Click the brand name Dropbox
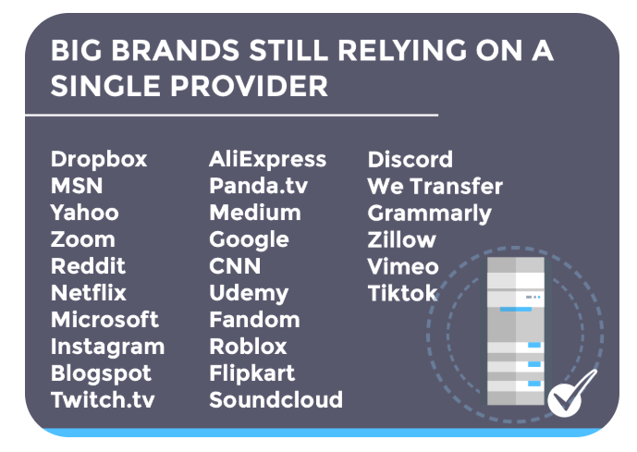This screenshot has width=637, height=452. (x=99, y=160)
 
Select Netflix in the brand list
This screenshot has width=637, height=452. (x=89, y=293)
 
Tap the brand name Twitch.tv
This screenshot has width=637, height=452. (x=103, y=400)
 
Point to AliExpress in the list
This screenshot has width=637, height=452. (x=268, y=160)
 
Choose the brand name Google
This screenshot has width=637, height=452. (x=249, y=239)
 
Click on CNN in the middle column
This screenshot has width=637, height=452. (x=235, y=266)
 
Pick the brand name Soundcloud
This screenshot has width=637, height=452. (x=276, y=400)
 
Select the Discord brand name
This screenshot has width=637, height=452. (x=410, y=160)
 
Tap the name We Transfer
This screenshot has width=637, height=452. (x=435, y=187)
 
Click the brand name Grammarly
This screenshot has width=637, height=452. (x=429, y=214)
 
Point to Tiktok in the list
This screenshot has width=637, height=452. (x=402, y=293)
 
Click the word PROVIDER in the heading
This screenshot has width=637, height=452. (x=249, y=86)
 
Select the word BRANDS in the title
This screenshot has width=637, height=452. (x=175, y=51)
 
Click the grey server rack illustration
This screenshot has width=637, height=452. (x=516, y=331)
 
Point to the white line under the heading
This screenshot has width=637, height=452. (x=231, y=116)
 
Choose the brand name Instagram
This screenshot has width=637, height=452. (x=107, y=348)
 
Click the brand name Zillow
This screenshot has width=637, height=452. (x=402, y=239)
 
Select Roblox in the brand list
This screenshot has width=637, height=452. (x=248, y=347)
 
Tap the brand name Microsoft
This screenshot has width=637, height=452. (x=104, y=320)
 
